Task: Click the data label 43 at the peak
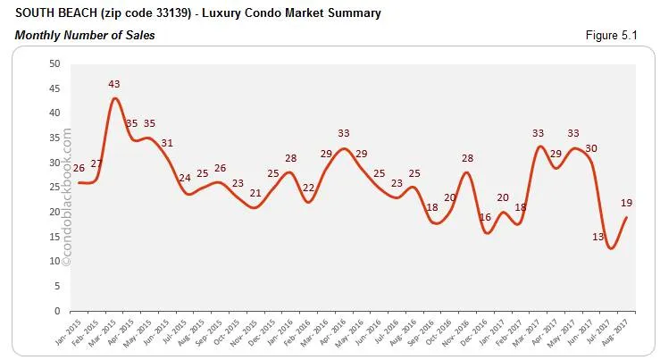(x=114, y=84)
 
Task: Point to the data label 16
(x=486, y=217)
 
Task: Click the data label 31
(x=167, y=143)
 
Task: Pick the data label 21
(x=255, y=193)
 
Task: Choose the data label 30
(x=592, y=148)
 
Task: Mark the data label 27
(x=97, y=163)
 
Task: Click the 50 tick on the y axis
(x=54, y=63)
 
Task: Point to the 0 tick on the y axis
(x=57, y=311)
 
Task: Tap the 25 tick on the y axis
(x=54, y=188)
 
